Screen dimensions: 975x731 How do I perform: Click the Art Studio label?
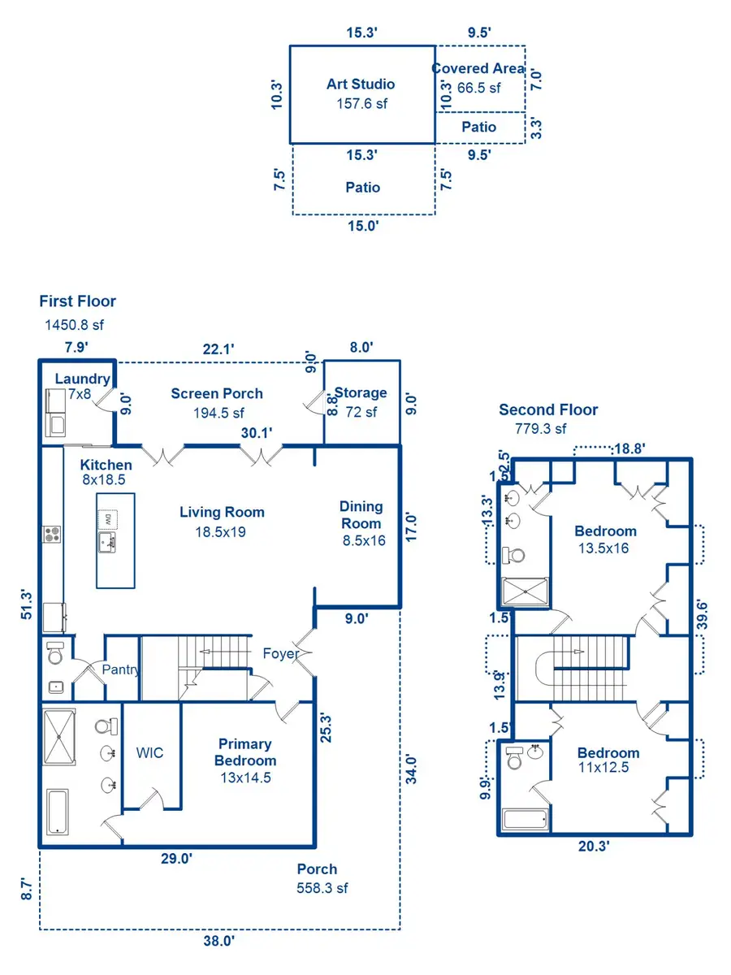pos(361,84)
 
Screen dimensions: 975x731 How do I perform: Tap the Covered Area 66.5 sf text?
pos(478,78)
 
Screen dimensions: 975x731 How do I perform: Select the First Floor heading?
pos(77,301)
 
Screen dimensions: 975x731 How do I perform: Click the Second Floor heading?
pos(548,409)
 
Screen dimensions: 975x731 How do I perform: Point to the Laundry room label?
pos(82,379)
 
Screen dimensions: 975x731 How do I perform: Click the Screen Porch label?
pos(217,393)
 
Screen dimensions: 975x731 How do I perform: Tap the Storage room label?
pos(361,393)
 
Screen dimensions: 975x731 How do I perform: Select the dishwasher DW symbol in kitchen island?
pos(106,518)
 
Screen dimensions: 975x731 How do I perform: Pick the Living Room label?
pos(222,512)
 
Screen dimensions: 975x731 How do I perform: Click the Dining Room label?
pos(361,515)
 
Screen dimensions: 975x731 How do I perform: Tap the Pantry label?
pos(121,670)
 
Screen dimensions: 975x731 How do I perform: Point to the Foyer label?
pos(280,653)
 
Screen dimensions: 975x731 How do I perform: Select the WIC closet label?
pos(150,753)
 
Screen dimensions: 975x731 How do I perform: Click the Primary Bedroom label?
pos(245,752)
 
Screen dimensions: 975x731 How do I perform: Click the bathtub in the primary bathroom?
pos(57,811)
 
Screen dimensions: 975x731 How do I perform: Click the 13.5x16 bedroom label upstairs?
pos(605,540)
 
